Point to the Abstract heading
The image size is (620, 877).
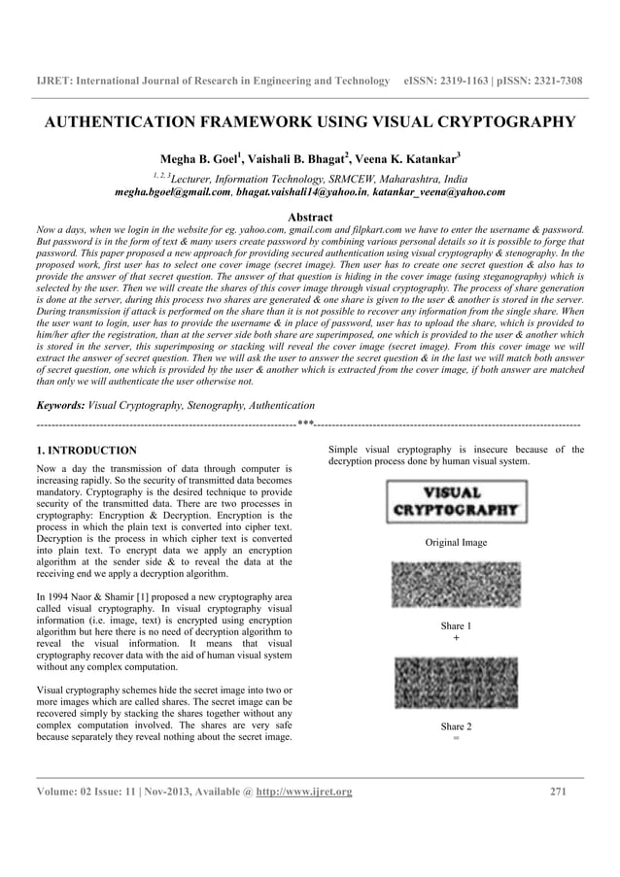(x=310, y=217)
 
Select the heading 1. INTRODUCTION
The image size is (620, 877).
(x=86, y=451)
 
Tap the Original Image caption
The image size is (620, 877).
(x=456, y=542)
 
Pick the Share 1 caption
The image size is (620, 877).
(x=456, y=626)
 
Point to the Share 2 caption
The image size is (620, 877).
(x=456, y=726)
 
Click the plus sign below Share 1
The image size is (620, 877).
(x=456, y=638)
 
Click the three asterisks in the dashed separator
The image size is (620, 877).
(x=305, y=423)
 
